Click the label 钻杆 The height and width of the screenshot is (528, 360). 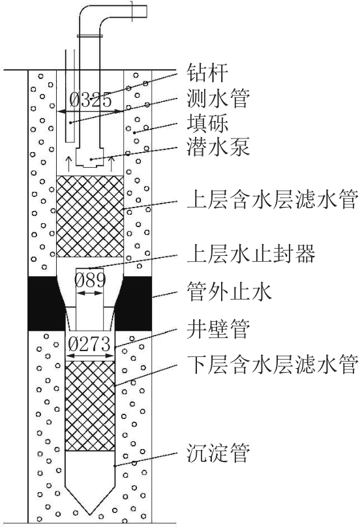(x=207, y=72)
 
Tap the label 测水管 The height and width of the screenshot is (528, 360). (x=218, y=98)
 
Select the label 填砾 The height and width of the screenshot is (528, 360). (x=207, y=123)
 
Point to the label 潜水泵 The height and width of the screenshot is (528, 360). (x=218, y=148)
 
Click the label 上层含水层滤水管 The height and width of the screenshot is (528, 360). (x=272, y=199)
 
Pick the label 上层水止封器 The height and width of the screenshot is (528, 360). (x=251, y=255)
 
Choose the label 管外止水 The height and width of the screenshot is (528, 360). (x=229, y=291)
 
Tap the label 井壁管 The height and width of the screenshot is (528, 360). (x=218, y=329)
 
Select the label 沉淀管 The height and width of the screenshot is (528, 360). (x=218, y=453)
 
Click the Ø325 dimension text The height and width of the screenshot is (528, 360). (x=90, y=100)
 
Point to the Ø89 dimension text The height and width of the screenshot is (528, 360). (x=90, y=280)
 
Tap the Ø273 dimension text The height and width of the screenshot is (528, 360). (x=89, y=344)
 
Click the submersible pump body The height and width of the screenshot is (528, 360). (x=89, y=157)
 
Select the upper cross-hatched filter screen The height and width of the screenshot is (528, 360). (x=90, y=216)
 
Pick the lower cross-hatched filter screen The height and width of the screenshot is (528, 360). (x=90, y=406)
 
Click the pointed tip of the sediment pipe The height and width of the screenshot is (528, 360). (x=90, y=514)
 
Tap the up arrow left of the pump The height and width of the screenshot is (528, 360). (x=68, y=164)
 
